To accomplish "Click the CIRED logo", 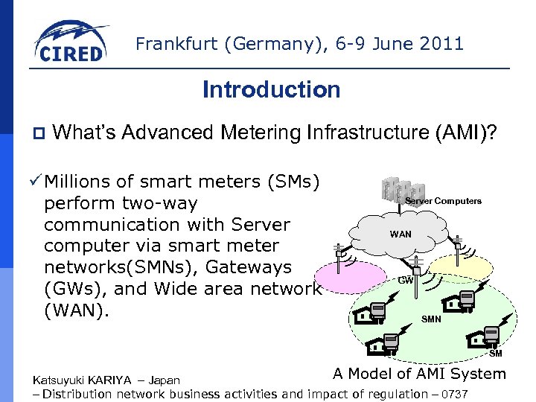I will click(71, 42).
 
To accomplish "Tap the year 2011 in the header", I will click(440, 44).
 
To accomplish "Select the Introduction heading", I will click(271, 90).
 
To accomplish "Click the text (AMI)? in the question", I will click(470, 133).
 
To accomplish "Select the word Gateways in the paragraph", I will click(260, 267).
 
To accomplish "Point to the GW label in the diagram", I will click(405, 280).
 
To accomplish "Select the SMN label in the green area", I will click(431, 319).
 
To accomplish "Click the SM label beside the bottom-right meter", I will click(496, 353).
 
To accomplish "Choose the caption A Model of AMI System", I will click(419, 374).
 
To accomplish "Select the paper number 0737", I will click(454, 394).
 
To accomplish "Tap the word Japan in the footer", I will click(164, 380).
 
